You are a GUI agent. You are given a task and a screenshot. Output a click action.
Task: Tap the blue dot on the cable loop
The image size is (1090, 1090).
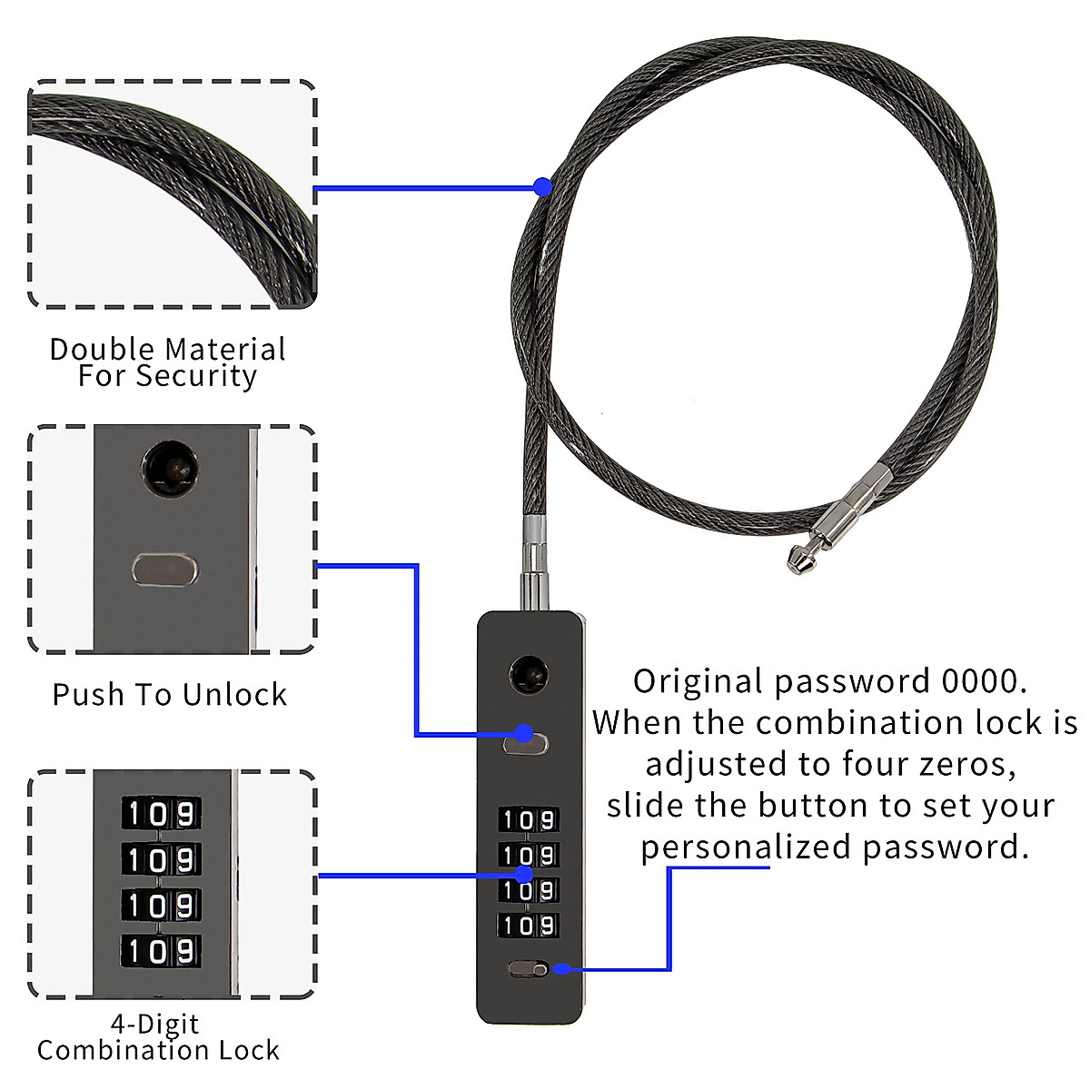[x=542, y=187]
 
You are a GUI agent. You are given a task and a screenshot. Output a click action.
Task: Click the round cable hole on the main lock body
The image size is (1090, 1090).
[x=527, y=674]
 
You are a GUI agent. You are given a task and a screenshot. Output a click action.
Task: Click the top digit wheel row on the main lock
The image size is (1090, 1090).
[x=527, y=819]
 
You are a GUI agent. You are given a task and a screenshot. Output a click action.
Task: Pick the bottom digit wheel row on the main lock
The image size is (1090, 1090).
[x=527, y=926]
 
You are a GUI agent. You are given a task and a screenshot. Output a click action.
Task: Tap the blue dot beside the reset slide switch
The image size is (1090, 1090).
[x=561, y=969]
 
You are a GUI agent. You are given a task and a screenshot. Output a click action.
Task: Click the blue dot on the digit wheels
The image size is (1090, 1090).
[x=523, y=875]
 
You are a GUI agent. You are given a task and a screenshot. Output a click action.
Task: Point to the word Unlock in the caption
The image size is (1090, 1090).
[x=233, y=695]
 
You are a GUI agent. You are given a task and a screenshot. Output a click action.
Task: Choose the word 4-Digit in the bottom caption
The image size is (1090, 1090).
[x=154, y=1024]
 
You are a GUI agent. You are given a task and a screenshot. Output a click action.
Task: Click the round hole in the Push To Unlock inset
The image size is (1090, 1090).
[x=170, y=470]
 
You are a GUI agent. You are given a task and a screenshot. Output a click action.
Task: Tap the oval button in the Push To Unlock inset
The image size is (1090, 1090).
[x=164, y=570]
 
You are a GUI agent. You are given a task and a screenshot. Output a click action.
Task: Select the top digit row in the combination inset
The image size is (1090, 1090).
[x=160, y=814]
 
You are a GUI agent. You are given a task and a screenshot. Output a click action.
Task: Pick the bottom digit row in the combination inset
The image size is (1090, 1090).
[x=160, y=951]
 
